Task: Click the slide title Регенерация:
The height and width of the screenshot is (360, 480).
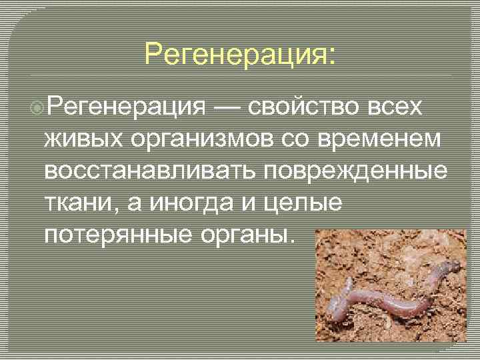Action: pos(241,54)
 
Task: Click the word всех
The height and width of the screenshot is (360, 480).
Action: pos(399,107)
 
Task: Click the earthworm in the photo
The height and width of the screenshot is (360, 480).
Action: pos(393,293)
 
